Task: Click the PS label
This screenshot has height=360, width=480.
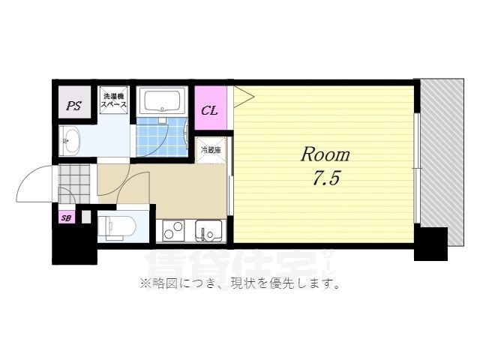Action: click(73, 106)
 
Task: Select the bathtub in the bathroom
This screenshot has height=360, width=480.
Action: click(163, 101)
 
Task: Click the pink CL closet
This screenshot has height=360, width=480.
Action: click(210, 111)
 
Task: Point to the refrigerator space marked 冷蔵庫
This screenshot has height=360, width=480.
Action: click(210, 150)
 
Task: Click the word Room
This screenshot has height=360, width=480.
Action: click(325, 155)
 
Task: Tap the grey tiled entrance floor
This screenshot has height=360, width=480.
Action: click(74, 180)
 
